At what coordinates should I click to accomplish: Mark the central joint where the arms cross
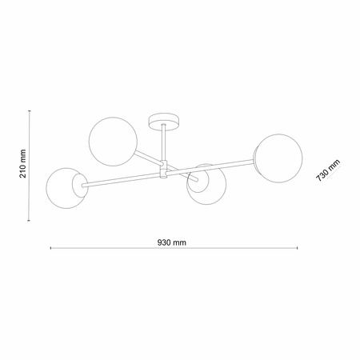(163, 170)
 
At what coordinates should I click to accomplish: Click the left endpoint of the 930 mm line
(51, 249)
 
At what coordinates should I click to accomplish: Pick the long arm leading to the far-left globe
(120, 179)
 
